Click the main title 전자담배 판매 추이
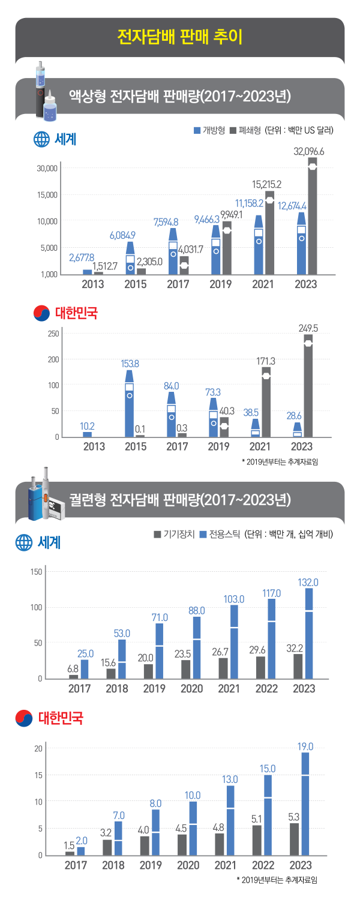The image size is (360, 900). pyautogui.click(x=180, y=37)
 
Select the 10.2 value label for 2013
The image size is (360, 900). pyautogui.click(x=87, y=425)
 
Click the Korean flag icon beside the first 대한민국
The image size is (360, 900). pyautogui.click(x=41, y=313)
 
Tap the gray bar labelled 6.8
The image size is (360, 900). pyautogui.click(x=73, y=677)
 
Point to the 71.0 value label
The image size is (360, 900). pyautogui.click(x=160, y=617)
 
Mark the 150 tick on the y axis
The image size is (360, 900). pyautogui.click(x=35, y=572)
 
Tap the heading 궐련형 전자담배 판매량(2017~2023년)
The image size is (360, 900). pyautogui.click(x=180, y=499)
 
